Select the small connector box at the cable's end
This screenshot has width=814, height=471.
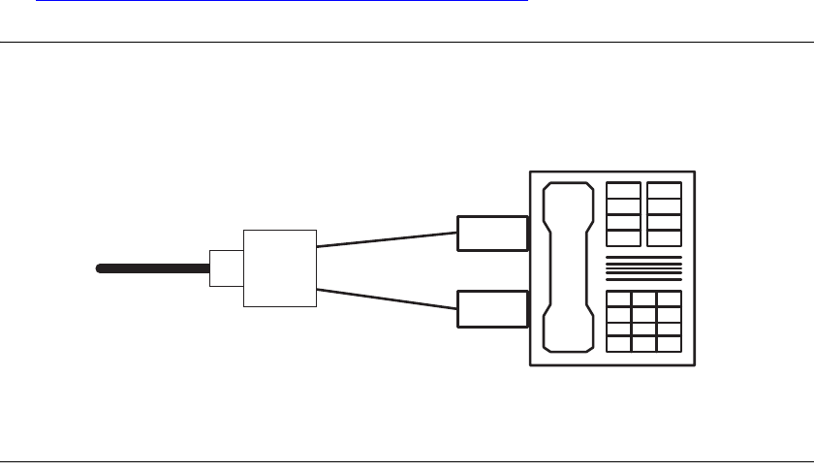[x=226, y=267]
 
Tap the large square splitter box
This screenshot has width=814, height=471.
[x=279, y=268]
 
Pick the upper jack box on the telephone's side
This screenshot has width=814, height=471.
[x=492, y=234]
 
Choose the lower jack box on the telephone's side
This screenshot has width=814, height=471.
[x=492, y=307]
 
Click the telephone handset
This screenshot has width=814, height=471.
[x=568, y=267]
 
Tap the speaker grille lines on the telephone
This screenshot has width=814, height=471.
[x=643, y=268]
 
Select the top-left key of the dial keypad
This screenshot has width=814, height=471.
[x=617, y=299]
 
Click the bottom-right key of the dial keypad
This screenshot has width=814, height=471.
[x=670, y=343]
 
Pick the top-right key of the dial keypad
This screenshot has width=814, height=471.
[x=670, y=299]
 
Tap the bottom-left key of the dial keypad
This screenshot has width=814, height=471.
[x=617, y=343]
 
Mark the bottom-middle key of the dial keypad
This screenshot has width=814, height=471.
[x=643, y=343]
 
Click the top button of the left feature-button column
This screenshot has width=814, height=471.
[x=623, y=190]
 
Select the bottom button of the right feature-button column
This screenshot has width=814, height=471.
[x=665, y=237]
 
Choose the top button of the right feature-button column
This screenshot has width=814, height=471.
[x=665, y=190]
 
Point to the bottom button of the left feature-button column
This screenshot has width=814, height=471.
[x=623, y=237]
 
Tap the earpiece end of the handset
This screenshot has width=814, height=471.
[x=568, y=200]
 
